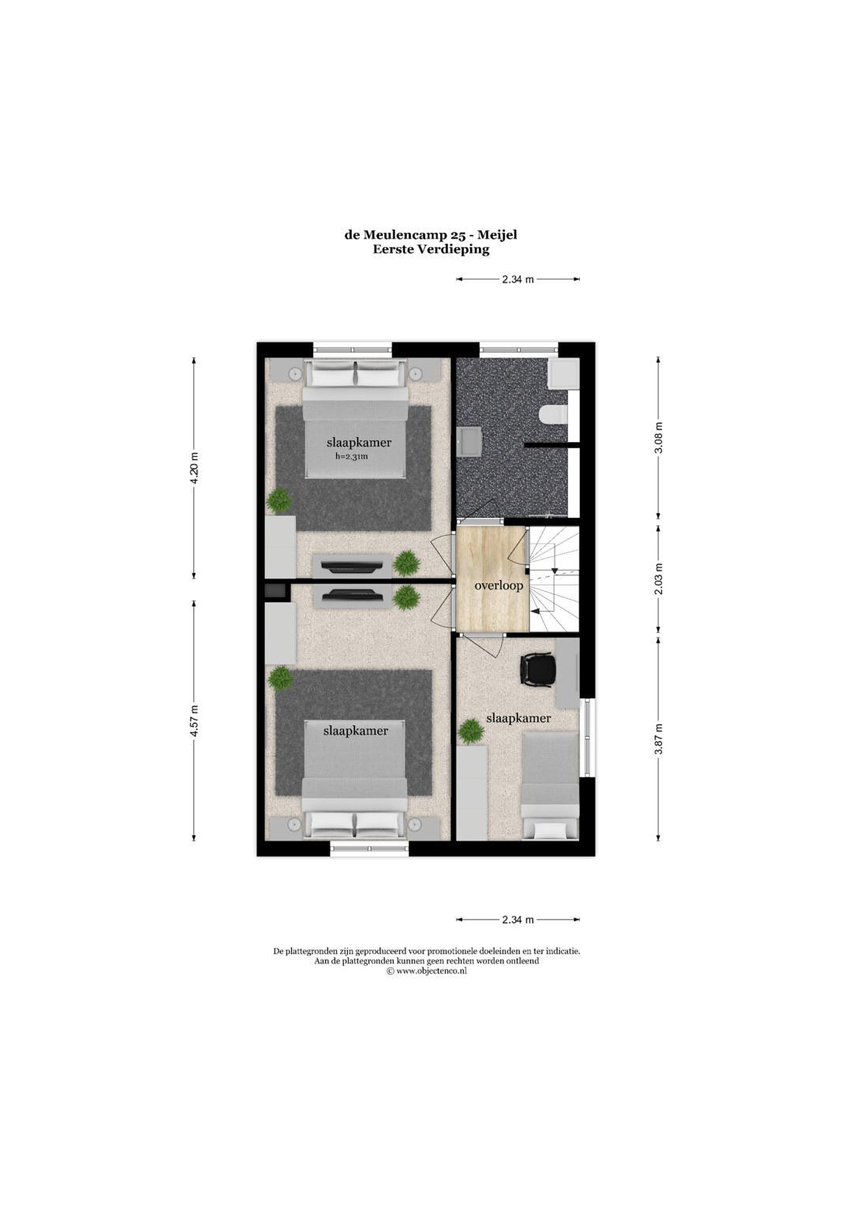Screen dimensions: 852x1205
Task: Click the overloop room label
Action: (x=499, y=585)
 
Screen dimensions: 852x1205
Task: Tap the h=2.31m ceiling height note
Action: (x=352, y=456)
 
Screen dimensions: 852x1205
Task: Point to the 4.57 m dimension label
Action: (x=194, y=721)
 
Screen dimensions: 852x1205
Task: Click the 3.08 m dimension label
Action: (x=659, y=437)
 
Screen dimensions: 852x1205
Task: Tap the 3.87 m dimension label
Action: (x=659, y=739)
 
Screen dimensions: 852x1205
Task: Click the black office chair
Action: (x=537, y=670)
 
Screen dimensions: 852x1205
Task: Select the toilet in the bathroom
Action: (x=554, y=415)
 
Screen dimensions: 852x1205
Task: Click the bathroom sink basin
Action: (x=469, y=440)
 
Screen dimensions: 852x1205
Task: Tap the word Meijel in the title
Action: (x=497, y=235)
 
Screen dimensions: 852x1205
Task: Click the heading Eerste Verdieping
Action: (x=431, y=250)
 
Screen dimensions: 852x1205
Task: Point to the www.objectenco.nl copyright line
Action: (x=426, y=971)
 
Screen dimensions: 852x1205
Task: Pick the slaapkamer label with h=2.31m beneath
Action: (x=359, y=442)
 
